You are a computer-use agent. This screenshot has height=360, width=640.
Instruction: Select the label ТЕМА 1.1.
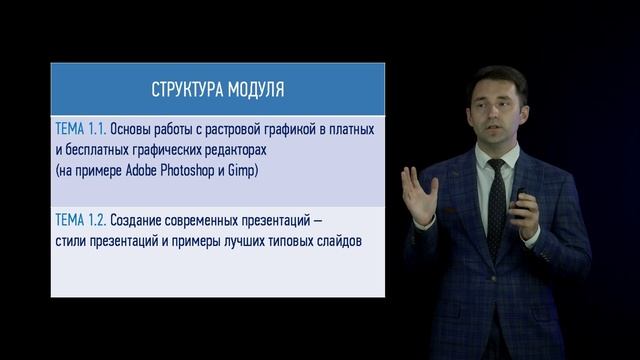tap(79, 129)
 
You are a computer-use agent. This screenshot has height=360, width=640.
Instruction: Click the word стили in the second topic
tap(71, 242)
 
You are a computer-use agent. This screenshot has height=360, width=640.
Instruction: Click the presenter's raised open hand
tap(417, 192)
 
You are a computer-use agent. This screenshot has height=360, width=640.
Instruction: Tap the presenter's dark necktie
tap(495, 205)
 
